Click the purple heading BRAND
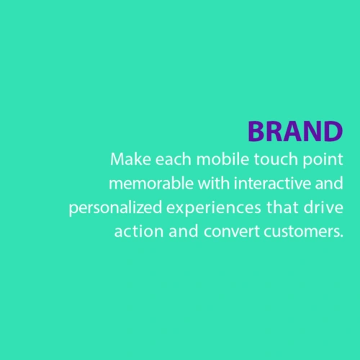coord(295,131)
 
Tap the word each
coord(173,159)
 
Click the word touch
coord(276,159)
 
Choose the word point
coord(323,161)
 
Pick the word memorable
coord(151,184)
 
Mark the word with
coord(214,184)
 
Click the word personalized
coord(115,209)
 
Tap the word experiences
coord(214,209)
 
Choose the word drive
coord(323,207)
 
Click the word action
coord(139,231)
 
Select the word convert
coord(232,232)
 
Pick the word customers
coord(302,232)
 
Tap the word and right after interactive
coord(329,184)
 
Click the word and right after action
coord(184,231)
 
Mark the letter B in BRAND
coord(256,131)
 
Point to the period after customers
coord(342,236)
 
